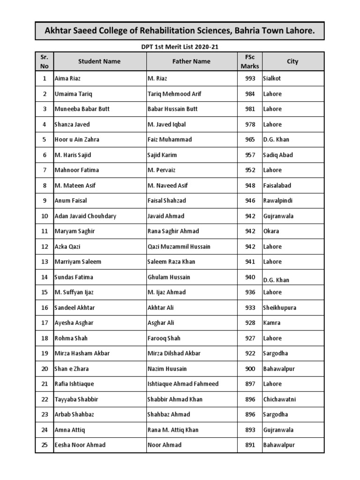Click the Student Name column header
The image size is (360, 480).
coord(99,61)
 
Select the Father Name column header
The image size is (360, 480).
coord(191,61)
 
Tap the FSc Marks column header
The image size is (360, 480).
coord(249,61)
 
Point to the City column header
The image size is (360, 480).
coord(292,61)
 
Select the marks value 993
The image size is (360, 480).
coord(250,79)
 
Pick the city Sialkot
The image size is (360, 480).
coord(272,79)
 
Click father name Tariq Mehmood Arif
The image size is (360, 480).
coord(174,94)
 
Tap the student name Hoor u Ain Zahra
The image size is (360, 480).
coord(77,140)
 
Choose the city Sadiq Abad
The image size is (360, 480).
coord(278,155)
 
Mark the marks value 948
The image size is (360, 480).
coord(250,186)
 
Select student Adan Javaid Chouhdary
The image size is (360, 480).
coord(85,216)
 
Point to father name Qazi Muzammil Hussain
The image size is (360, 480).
coord(179,247)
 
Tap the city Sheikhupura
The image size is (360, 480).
coord(280,307)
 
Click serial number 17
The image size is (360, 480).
coord(45,323)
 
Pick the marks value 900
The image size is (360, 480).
coord(250,369)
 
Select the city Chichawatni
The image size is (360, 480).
coord(280,399)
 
